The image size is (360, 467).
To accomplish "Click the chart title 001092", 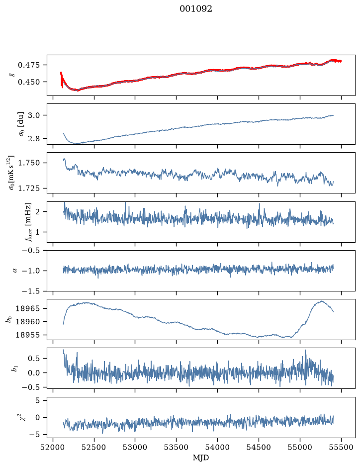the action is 195,9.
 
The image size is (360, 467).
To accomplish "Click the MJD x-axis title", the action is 201,458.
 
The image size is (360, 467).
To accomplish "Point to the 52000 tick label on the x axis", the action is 53,447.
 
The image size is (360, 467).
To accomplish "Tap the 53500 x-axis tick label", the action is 177,447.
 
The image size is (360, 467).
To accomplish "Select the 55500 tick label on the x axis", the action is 341,447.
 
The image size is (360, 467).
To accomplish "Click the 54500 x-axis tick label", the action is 259,447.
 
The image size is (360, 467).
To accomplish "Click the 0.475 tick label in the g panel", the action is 28,65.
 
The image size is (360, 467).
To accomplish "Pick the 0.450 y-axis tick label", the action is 28,82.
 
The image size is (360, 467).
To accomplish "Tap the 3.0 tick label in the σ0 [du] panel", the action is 34,115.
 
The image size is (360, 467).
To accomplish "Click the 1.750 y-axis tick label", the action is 28,163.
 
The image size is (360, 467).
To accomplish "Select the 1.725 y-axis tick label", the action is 28,188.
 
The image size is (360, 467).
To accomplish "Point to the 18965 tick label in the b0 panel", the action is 28,308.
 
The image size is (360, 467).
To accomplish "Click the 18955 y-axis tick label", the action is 28,335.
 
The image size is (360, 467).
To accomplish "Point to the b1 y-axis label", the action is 14,369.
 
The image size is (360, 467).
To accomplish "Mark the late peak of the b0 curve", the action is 321,301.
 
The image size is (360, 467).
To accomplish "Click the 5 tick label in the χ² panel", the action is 37,400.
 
